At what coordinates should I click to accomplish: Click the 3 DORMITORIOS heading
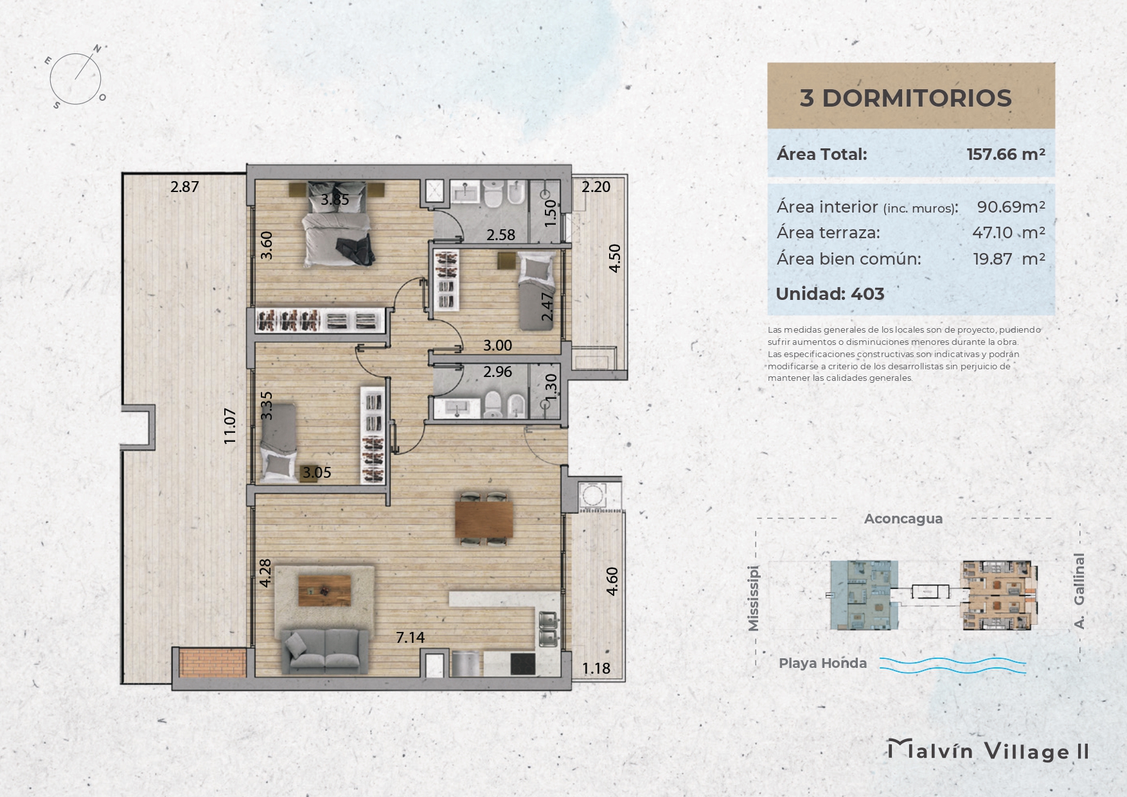click(905, 98)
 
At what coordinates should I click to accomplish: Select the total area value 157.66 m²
click(1006, 154)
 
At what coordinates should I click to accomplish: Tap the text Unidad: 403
click(830, 294)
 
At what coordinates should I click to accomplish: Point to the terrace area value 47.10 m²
click(1008, 232)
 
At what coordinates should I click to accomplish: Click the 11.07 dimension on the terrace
click(230, 426)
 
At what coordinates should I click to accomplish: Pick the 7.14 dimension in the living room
click(410, 637)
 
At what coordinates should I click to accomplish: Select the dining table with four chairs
click(484, 519)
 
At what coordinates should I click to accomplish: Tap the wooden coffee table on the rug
click(324, 590)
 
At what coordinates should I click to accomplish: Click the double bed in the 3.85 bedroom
click(337, 224)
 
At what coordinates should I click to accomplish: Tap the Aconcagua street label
click(903, 519)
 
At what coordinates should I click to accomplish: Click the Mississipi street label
click(754, 599)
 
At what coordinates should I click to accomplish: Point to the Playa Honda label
click(822, 663)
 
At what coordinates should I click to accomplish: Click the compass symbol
click(76, 78)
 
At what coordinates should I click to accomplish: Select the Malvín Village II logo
click(988, 751)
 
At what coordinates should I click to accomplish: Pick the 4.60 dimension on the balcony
click(612, 581)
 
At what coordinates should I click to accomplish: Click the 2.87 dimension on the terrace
click(184, 187)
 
